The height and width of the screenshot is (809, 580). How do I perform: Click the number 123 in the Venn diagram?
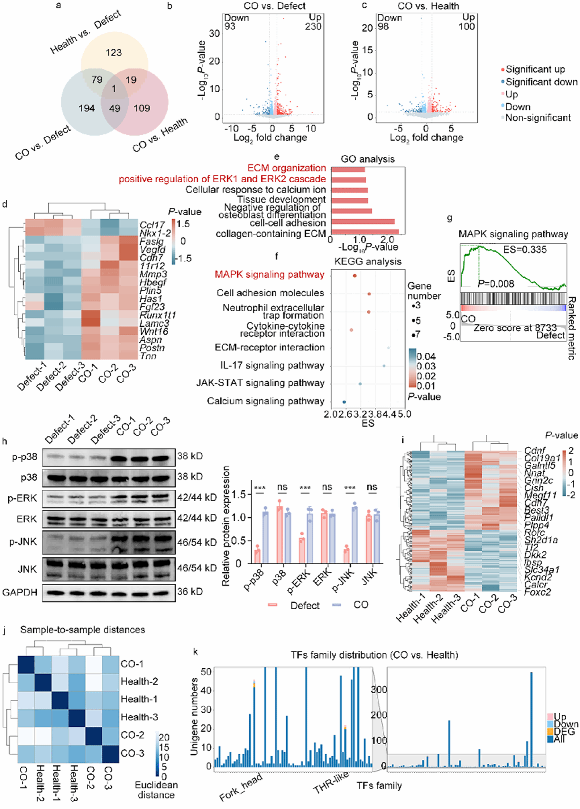[x=113, y=53]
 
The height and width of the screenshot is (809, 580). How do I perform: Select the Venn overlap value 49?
[x=114, y=108]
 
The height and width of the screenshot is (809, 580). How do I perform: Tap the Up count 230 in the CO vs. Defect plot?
[x=313, y=27]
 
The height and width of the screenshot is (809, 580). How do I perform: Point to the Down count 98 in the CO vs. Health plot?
[x=383, y=27]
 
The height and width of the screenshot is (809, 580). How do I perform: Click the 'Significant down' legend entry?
[x=541, y=82]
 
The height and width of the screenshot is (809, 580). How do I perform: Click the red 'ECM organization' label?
[x=286, y=168]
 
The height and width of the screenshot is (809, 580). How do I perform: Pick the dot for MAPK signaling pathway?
[x=354, y=276]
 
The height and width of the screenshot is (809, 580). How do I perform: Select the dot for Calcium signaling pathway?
[x=344, y=402]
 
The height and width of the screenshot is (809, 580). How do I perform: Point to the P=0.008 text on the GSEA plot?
[x=496, y=284]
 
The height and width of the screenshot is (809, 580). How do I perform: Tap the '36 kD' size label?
[x=190, y=591]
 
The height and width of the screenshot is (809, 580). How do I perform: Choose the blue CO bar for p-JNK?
[x=354, y=536]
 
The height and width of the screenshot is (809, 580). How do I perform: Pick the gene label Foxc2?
[x=537, y=592]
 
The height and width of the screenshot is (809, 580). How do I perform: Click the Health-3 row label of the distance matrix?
[x=139, y=717]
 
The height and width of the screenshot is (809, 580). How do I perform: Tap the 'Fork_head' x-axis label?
[x=241, y=786]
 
